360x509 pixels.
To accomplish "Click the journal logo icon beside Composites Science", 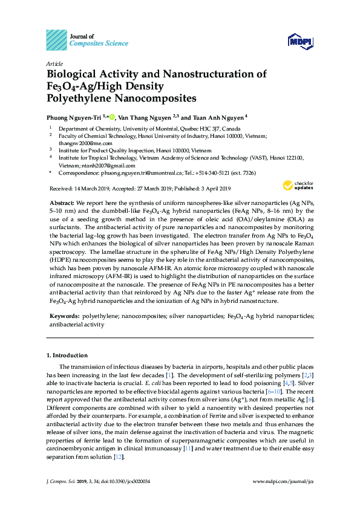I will coord(56,40).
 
